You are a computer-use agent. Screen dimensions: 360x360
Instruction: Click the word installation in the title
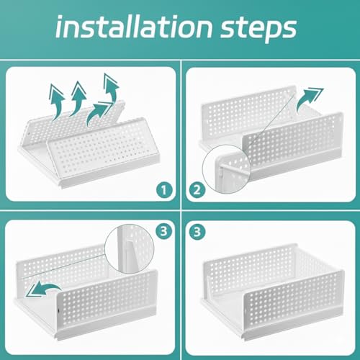134,27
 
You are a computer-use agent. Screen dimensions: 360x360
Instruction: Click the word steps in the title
258,30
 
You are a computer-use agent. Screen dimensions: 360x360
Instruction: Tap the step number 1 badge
164,190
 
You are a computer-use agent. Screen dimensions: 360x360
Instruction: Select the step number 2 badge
197,190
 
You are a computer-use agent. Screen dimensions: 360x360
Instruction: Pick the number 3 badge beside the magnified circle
164,232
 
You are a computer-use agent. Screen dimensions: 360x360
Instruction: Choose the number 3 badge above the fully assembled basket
197,232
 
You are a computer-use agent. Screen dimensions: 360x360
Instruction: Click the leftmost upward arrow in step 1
57,101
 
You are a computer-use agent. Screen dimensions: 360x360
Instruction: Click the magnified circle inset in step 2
227,168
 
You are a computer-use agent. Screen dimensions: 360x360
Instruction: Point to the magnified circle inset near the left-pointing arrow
130,248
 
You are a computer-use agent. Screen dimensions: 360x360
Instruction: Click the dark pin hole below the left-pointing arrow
59,311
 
